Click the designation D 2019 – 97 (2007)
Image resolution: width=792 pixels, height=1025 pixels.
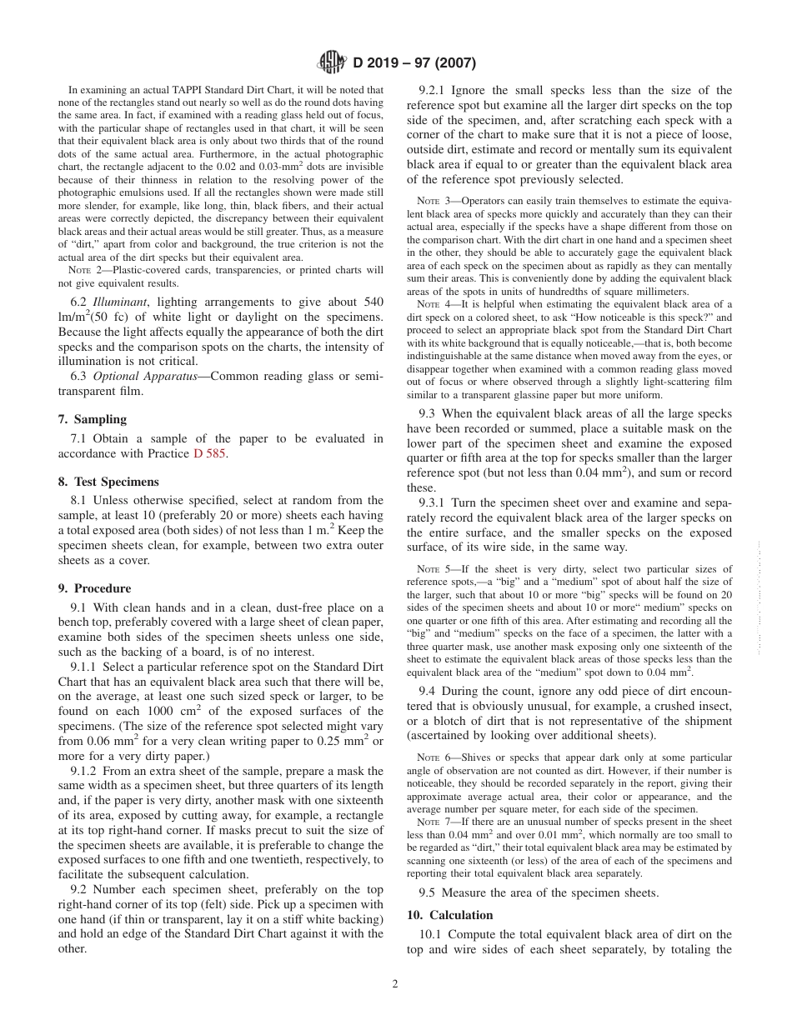tap(414, 62)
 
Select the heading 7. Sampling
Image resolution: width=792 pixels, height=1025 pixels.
tap(93, 419)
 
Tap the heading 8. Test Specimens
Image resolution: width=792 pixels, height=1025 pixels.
tap(108, 482)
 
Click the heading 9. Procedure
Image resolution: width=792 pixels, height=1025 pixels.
tap(94, 588)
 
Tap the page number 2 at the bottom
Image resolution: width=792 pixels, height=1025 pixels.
tap(395, 983)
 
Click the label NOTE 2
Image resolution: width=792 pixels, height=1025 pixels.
tap(83, 271)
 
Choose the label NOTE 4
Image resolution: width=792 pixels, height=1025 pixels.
tap(432, 305)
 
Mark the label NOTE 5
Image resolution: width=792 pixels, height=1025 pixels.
tap(432, 570)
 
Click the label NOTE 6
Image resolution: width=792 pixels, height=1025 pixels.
tap(432, 757)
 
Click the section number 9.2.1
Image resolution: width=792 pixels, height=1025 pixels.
tap(435, 91)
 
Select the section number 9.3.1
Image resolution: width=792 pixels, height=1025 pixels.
tap(435, 503)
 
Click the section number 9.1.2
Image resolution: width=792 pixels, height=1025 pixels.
tap(88, 772)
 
